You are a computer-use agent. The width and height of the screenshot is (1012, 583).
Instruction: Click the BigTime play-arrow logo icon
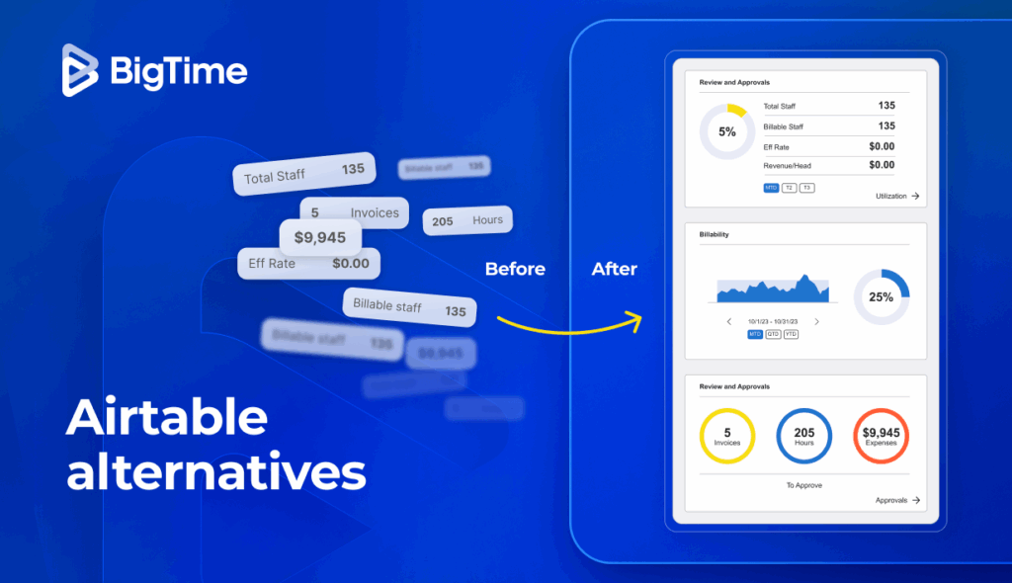(81, 71)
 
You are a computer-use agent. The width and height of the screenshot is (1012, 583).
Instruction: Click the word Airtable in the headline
(167, 418)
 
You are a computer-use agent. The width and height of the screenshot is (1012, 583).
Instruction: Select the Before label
(515, 269)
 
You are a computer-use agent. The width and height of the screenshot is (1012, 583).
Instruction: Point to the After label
(615, 269)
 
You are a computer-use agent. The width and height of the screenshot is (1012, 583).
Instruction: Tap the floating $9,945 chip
(320, 237)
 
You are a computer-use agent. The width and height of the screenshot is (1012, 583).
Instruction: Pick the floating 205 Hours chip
(467, 221)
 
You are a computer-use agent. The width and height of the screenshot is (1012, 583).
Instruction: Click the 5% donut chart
(727, 131)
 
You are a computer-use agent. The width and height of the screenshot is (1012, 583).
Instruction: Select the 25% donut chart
(881, 296)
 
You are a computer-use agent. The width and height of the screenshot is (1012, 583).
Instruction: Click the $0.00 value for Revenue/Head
(881, 165)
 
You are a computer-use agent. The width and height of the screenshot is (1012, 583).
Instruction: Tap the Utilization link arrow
(915, 197)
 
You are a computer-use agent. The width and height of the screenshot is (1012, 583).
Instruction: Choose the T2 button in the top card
(789, 188)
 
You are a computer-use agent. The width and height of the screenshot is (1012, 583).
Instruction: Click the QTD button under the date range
(773, 334)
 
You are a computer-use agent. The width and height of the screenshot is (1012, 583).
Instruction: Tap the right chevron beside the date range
(817, 321)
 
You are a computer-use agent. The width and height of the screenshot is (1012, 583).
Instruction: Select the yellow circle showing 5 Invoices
(727, 436)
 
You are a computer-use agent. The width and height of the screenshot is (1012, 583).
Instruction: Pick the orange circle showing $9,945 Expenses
(881, 436)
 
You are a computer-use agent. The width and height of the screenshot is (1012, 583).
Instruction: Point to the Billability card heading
(715, 235)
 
